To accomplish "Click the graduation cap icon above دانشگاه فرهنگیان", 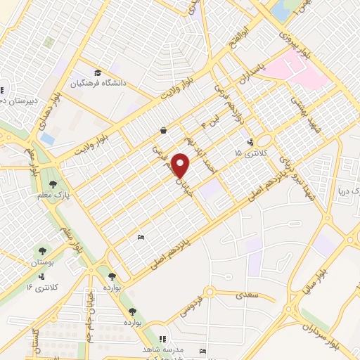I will (98, 73).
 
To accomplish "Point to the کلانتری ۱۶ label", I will (39, 287).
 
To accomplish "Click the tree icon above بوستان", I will (43, 250).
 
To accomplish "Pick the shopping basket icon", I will (163, 130).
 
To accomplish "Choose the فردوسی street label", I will (184, 307).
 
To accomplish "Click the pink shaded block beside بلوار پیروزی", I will (299, 77).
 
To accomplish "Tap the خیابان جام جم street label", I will (89, 313).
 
